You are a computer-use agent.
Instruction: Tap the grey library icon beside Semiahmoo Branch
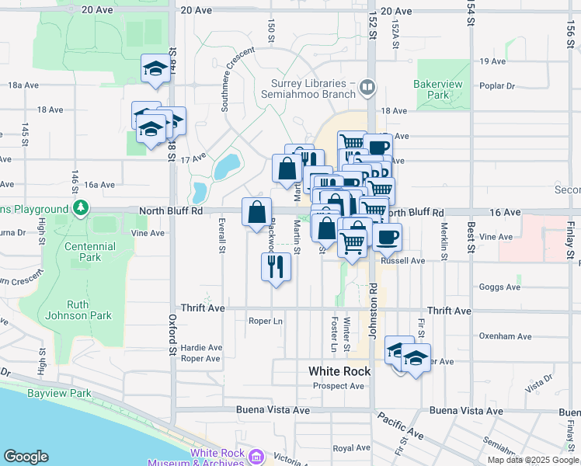[x=367, y=89]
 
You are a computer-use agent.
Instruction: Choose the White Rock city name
[x=339, y=371]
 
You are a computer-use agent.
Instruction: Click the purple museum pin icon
[x=256, y=457]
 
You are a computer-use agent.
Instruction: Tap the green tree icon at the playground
[x=79, y=208]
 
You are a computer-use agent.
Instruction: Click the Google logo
[x=25, y=457]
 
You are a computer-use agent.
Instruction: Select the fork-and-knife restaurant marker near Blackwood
[x=276, y=266]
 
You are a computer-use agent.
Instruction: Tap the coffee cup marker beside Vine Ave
[x=387, y=236]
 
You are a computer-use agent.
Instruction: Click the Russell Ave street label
[x=402, y=261]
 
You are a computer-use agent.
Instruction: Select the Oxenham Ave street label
[x=506, y=336]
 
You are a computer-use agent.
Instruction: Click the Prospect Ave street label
[x=338, y=386]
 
